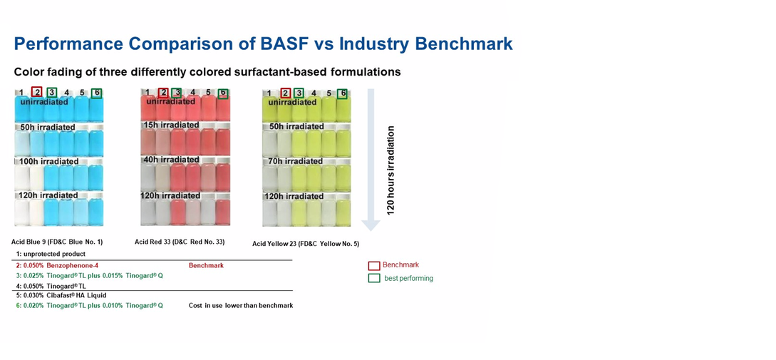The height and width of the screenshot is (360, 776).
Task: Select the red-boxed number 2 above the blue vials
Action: (36, 92)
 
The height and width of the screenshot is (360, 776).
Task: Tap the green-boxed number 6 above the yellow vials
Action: (342, 93)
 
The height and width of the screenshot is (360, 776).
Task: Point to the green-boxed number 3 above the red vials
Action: (176, 93)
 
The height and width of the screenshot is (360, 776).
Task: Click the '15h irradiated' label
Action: (172, 125)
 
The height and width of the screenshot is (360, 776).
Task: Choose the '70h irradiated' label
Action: (296, 161)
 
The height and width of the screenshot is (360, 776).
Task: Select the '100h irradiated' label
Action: (48, 161)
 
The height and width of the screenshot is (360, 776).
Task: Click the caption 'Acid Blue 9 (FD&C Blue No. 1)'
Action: (57, 242)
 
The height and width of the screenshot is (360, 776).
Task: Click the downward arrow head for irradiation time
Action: (371, 225)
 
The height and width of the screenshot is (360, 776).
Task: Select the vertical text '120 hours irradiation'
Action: (390, 170)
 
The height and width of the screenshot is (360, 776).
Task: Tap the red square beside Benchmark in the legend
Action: (374, 265)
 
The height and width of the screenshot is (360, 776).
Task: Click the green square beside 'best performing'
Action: (374, 278)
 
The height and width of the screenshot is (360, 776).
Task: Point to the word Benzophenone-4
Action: (68, 265)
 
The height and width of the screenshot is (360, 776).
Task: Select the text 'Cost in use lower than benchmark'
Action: (241, 306)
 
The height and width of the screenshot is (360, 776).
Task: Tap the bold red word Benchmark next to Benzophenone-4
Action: (207, 265)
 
